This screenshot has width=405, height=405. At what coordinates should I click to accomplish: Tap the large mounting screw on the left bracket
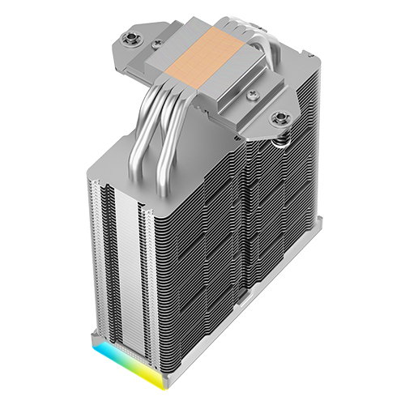coord(130,37)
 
